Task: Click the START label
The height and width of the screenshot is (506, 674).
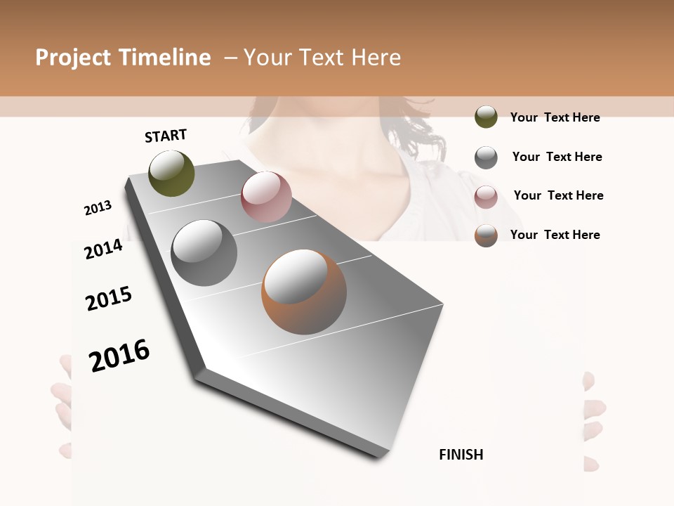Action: coord(166,136)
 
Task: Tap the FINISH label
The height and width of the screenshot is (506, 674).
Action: coord(461,455)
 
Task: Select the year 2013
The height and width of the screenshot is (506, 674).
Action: coord(98,208)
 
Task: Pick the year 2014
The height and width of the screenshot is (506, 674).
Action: coord(103,249)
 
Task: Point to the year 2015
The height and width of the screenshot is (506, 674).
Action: coord(109,299)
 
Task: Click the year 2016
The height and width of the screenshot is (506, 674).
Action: coord(119,356)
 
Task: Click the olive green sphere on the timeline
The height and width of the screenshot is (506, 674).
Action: coord(171,173)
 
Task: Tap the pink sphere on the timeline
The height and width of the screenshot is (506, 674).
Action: coord(266,196)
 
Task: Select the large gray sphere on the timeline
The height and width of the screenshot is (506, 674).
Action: coord(204,253)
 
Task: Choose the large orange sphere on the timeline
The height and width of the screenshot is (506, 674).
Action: coord(304,292)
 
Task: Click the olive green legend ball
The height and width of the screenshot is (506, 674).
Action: coord(486,117)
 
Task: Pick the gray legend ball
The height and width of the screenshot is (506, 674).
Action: coord(486,157)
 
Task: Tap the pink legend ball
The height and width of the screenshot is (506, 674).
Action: coord(486,196)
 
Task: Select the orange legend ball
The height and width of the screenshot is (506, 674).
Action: coord(486,235)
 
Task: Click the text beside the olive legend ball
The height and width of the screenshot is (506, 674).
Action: coord(555,117)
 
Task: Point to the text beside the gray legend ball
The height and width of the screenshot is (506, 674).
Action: coord(557,157)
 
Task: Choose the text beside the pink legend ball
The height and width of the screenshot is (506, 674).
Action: coord(558,195)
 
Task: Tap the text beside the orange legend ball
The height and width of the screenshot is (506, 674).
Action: coord(555,235)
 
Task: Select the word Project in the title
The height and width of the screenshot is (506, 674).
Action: coord(74,58)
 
